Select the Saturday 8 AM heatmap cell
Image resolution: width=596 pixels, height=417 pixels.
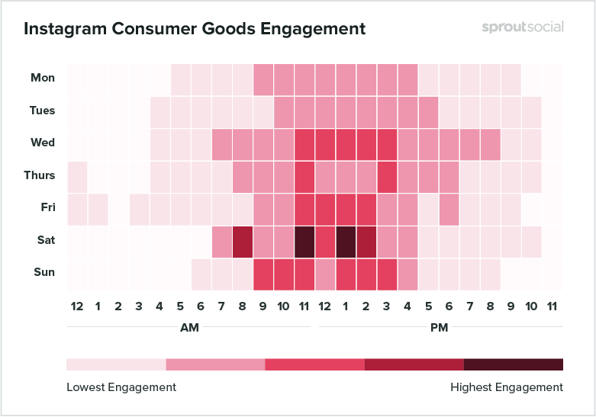pos(243,240)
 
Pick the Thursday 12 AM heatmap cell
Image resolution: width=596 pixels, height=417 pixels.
pos(77,175)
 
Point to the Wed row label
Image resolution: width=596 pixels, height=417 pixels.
pos(42,143)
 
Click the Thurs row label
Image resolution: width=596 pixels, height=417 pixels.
pos(39,175)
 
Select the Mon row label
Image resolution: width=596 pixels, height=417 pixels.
pos(42,78)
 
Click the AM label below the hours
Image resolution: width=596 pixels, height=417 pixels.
pos(189,328)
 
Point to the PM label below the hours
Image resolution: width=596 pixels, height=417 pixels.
pos(439,328)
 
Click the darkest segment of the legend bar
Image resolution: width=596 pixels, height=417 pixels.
pos(513,364)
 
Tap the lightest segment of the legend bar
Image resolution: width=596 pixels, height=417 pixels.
pos(116,364)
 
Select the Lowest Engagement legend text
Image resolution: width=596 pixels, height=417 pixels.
pos(121,387)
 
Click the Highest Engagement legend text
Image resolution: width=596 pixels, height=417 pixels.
pos(507,387)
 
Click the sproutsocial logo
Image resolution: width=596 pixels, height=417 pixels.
pos(523,27)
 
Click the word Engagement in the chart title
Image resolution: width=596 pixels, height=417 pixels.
pos(312,29)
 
